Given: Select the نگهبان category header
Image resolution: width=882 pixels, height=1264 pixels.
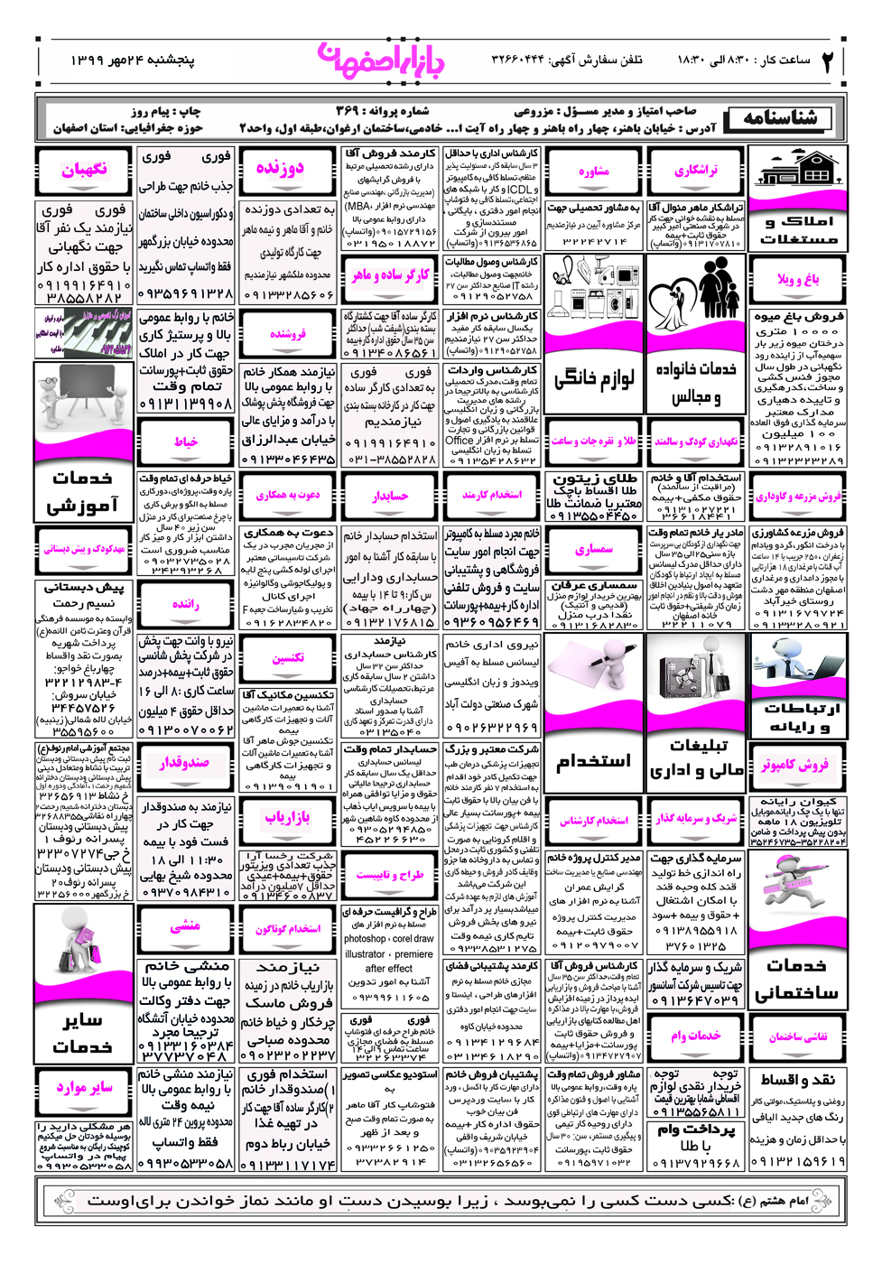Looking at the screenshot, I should [84, 169].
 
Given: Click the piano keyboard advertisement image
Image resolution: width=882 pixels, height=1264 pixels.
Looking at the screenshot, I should [85, 333].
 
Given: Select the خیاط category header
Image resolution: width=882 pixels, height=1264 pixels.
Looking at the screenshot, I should [186, 441].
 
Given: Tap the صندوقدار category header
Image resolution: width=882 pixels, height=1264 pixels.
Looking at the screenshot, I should [185, 763].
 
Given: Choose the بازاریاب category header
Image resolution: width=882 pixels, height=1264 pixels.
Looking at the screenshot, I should [288, 817].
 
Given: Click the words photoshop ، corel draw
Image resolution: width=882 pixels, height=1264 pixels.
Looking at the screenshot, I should [389, 938].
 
